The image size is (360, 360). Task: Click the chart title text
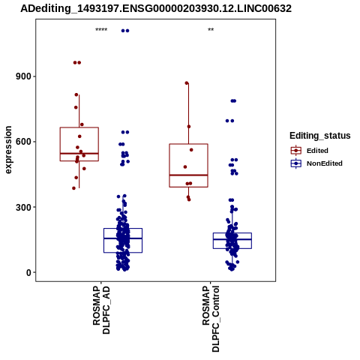[156, 9]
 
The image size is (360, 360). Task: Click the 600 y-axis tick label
[23, 142]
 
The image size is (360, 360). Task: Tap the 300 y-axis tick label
[23, 207]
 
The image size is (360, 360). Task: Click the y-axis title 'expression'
[8, 150]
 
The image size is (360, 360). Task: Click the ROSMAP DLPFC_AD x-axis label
[101, 310]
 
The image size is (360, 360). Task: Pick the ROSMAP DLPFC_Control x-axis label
[211, 319]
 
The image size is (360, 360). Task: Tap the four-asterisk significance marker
[101, 30]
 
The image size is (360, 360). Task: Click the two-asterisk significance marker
[211, 30]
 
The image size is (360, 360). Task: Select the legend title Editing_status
[320, 136]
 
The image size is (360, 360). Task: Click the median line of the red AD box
[79, 153]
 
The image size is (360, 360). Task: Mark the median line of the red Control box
[188, 175]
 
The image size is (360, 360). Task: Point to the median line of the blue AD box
[123, 238]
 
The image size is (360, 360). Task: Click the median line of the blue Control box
[232, 239]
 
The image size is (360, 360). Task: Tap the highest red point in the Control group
[187, 83]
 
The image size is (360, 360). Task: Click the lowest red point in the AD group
[73, 188]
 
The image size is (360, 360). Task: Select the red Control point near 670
[189, 127]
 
